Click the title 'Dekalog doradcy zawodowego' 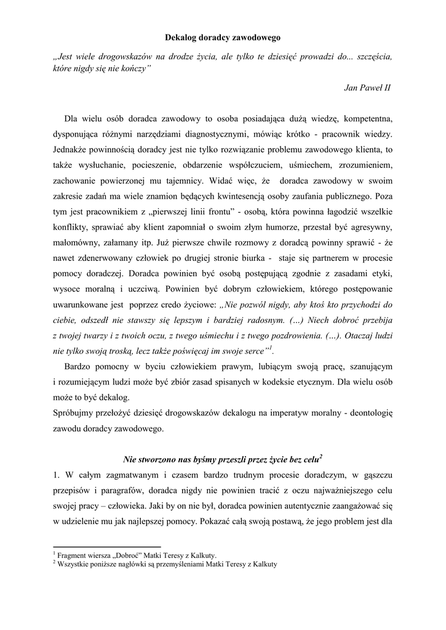click(223, 38)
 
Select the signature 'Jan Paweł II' click(367, 88)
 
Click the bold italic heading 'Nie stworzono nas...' click(223, 459)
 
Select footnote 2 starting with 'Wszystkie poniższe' click(166, 563)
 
